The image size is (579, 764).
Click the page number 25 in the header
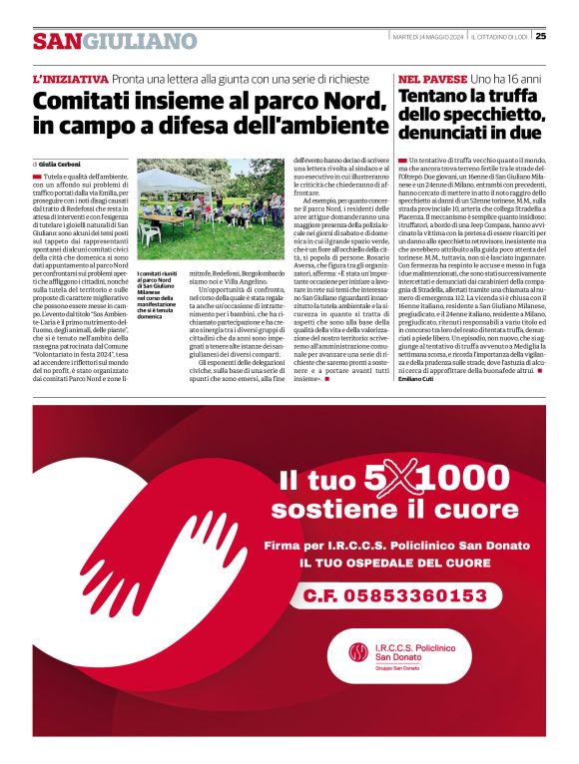[540, 38]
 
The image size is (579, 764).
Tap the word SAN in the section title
[56, 42]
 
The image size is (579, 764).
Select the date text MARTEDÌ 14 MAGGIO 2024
[426, 38]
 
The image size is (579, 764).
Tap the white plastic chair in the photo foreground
[151, 232]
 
